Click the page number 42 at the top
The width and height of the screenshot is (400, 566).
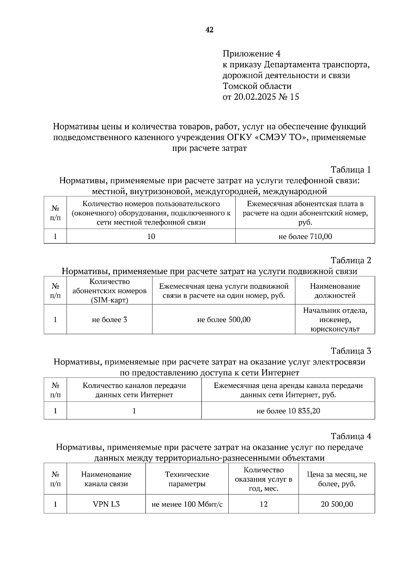click(209, 30)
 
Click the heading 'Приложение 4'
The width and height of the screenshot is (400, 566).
click(251, 54)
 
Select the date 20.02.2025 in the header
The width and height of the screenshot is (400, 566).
click(255, 97)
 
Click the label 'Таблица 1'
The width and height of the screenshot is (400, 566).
click(351, 170)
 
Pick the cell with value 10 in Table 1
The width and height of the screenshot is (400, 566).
click(151, 236)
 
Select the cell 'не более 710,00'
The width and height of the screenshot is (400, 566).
click(305, 236)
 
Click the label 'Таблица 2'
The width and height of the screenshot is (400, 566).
click(351, 260)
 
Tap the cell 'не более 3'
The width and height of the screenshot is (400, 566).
click(109, 320)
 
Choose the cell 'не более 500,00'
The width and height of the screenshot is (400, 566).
click(224, 320)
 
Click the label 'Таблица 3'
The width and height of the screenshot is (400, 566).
click(351, 351)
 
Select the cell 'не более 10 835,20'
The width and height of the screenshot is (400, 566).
click(288, 411)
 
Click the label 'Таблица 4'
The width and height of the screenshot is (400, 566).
click(351, 436)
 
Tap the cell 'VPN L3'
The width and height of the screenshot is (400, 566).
click(106, 504)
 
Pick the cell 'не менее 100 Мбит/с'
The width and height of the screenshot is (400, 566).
click(187, 504)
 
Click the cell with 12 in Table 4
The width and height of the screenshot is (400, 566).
click(263, 504)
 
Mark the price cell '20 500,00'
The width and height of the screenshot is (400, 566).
click(337, 504)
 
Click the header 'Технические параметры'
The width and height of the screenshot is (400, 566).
click(187, 479)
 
